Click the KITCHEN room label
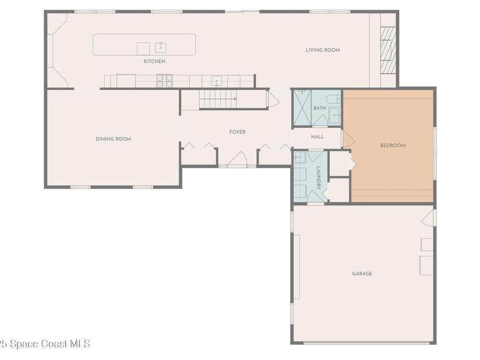tap(154, 61)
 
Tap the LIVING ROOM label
tap(322, 50)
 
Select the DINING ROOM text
tap(113, 139)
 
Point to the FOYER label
tap(237, 132)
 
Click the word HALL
tap(317, 137)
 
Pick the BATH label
tap(319, 108)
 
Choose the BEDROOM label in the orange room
tap(392, 145)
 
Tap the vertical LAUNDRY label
tap(319, 178)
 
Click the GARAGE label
tap(362, 274)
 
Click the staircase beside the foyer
tap(217, 99)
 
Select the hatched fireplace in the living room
tap(388, 50)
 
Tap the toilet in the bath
tap(334, 99)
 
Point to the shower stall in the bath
tap(302, 107)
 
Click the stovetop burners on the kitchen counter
tap(165, 81)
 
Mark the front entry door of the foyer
tap(238, 159)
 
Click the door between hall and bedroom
tap(348, 139)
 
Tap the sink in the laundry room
tap(300, 157)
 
